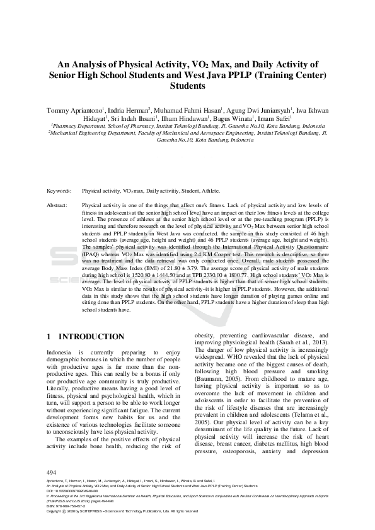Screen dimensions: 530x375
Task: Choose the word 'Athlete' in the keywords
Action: tap(209, 190)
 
